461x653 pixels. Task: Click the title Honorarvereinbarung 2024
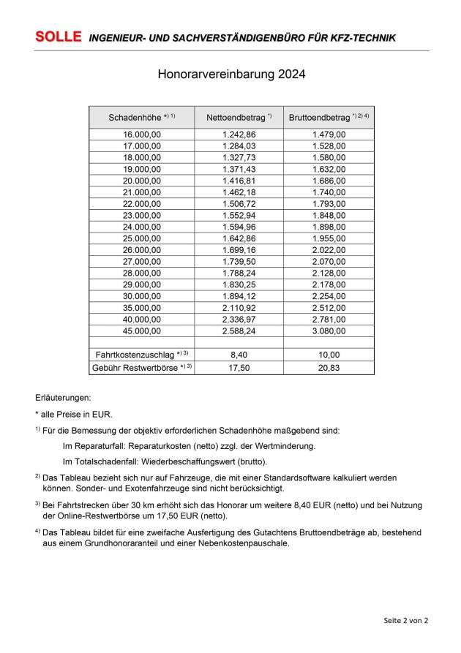(230, 75)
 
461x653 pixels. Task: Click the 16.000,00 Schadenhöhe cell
(142, 135)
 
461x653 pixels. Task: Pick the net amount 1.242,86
(239, 135)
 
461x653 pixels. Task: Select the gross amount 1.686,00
(329, 180)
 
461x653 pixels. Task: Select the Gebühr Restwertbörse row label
(138, 366)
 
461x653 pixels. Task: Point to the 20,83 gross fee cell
(329, 366)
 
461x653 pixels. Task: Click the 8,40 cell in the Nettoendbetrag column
(239, 354)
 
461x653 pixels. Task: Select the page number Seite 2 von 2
(405, 620)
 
